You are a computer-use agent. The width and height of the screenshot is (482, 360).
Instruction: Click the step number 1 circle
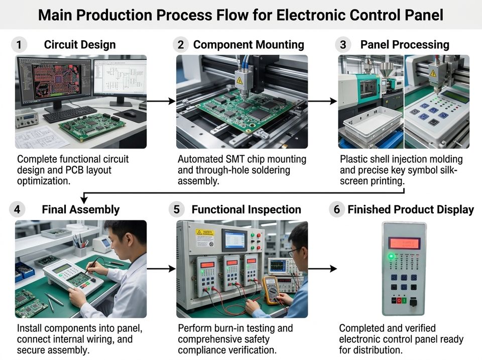pyautogui.click(x=19, y=45)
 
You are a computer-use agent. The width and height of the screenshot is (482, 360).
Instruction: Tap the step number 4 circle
pyautogui.click(x=17, y=210)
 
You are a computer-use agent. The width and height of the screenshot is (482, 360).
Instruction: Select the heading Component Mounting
pyautogui.click(x=249, y=45)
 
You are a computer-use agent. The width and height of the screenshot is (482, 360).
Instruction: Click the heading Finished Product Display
pyautogui.click(x=411, y=210)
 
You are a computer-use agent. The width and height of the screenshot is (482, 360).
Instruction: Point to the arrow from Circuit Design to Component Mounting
pyautogui.click(x=161, y=101)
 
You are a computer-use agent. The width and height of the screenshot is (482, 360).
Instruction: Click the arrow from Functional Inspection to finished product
pyautogui.click(x=322, y=269)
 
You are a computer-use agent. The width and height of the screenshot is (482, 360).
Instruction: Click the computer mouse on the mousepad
pyautogui.click(x=130, y=114)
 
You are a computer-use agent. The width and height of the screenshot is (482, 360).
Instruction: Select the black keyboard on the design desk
pyautogui.click(x=70, y=114)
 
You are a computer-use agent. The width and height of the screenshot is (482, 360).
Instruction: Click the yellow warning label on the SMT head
pyautogui.click(x=239, y=80)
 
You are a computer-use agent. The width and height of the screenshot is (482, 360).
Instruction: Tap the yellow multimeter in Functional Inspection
pyautogui.click(x=271, y=290)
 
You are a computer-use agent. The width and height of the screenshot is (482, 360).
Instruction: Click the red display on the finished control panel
pyautogui.click(x=404, y=244)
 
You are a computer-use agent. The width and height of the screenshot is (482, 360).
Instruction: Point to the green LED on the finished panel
pyautogui.click(x=391, y=256)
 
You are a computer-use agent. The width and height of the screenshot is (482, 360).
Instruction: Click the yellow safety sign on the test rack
pyautogui.click(x=205, y=237)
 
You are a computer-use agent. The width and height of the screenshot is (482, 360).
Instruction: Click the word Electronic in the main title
pyautogui.click(x=310, y=15)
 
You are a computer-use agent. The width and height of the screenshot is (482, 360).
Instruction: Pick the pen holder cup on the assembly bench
pyautogui.click(x=80, y=250)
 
